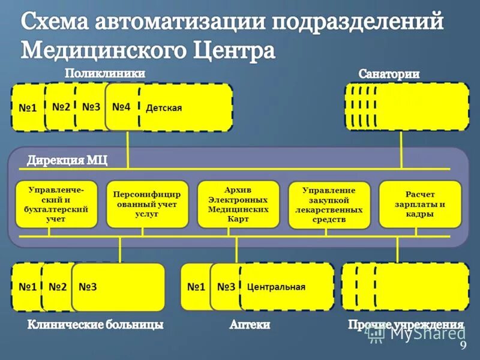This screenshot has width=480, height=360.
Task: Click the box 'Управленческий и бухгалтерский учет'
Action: (x=56, y=204)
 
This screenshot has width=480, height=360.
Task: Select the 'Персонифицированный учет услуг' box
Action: (x=148, y=204)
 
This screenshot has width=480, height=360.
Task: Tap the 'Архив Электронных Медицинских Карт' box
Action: (x=238, y=204)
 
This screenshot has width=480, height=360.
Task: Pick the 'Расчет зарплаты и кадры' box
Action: (x=420, y=204)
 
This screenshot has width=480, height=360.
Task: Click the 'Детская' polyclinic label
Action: (x=164, y=108)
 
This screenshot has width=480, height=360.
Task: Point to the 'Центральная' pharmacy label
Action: (x=276, y=287)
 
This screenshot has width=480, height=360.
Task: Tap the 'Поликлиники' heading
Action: (x=105, y=73)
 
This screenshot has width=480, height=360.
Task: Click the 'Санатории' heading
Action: (x=389, y=74)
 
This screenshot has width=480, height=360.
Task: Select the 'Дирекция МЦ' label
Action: (x=67, y=161)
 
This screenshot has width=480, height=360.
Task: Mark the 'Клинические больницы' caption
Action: (x=95, y=325)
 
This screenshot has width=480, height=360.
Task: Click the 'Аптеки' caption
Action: (x=250, y=325)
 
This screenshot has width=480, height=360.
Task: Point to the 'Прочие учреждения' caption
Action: (x=406, y=325)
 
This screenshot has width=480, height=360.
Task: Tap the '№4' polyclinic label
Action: (x=121, y=107)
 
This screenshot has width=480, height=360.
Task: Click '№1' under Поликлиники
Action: (x=28, y=108)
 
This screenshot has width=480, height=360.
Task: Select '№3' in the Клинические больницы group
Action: (x=88, y=287)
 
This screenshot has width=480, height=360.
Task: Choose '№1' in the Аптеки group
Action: (x=196, y=287)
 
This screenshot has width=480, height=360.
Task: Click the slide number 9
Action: (x=463, y=346)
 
